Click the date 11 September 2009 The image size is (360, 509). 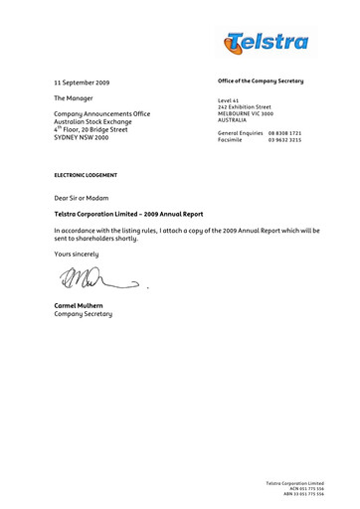84,82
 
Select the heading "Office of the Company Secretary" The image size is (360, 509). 260,80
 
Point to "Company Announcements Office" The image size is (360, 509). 101,115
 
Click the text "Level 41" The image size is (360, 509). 230,100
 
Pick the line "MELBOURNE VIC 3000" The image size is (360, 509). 246,113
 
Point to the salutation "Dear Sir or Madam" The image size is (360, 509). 86,199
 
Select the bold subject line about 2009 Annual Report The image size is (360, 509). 128,214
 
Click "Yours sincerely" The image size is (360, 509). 84,254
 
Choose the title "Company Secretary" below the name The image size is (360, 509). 84,314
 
